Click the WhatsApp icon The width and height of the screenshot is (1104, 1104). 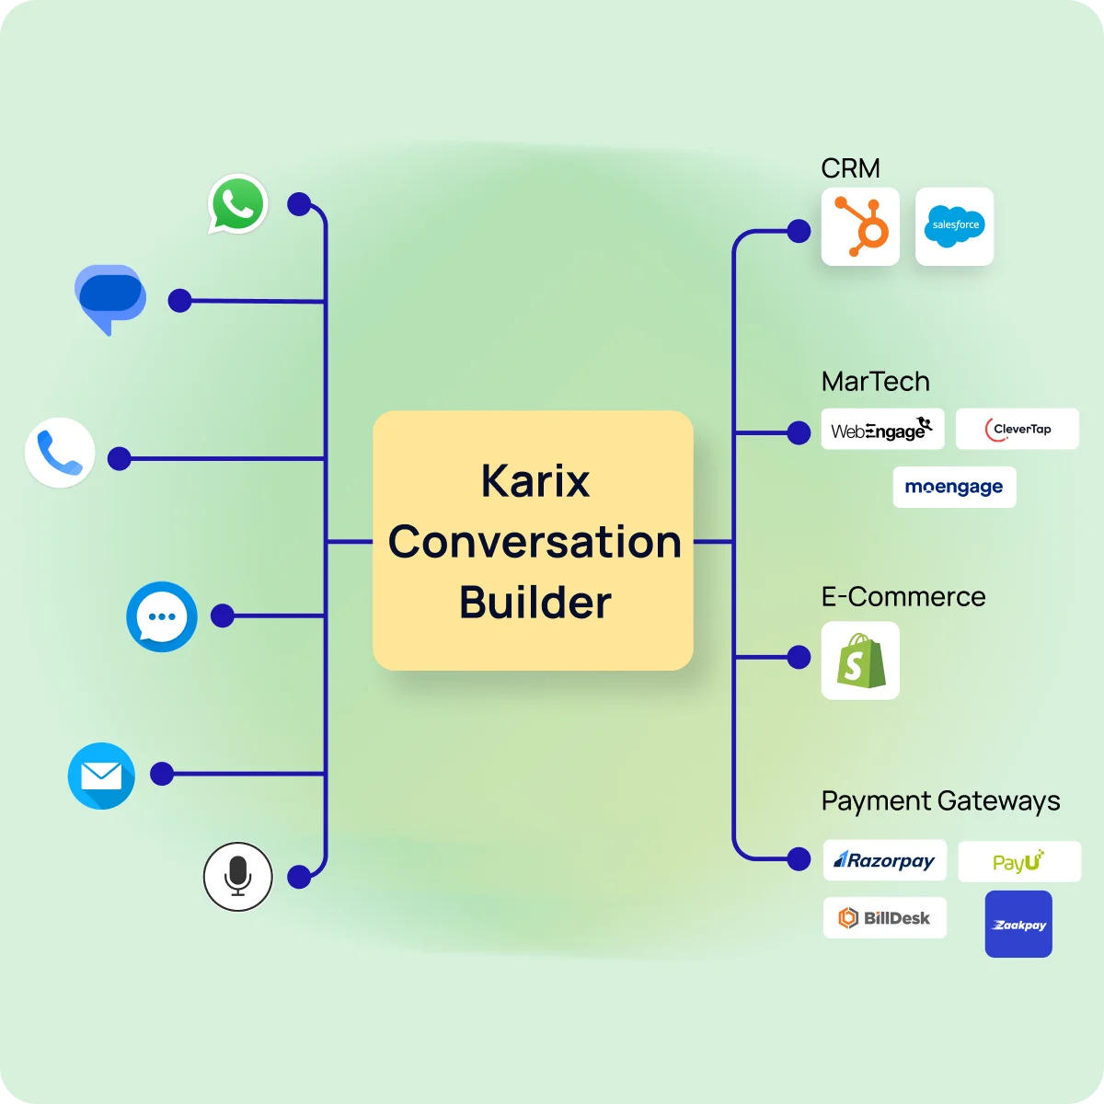coord(237,204)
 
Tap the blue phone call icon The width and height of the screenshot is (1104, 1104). coord(60,453)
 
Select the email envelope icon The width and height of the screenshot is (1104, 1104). coord(101,776)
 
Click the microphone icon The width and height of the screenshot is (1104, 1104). coord(238,876)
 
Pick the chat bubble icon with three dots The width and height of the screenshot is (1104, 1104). coord(162,616)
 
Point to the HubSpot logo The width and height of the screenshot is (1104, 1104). coord(860,226)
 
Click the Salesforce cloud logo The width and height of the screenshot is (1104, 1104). coord(954,226)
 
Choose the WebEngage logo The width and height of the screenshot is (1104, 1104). coord(882,429)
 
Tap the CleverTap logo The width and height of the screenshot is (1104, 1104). coord(1018,429)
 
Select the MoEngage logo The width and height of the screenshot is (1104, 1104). coord(954,487)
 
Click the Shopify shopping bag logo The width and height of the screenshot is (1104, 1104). coord(860,660)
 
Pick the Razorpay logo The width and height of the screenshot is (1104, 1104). coord(884,860)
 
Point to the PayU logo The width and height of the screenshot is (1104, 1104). coord(1018,862)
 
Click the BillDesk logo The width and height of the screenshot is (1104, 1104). coord(884,917)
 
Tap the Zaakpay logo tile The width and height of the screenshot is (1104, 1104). coord(1018,924)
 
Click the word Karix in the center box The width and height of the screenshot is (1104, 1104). coord(535,481)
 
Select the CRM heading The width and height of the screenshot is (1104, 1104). coord(850,168)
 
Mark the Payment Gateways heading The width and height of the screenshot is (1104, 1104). coord(940,800)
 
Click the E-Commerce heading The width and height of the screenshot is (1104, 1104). coord(903,596)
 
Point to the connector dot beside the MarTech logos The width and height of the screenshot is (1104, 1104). coord(799,432)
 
